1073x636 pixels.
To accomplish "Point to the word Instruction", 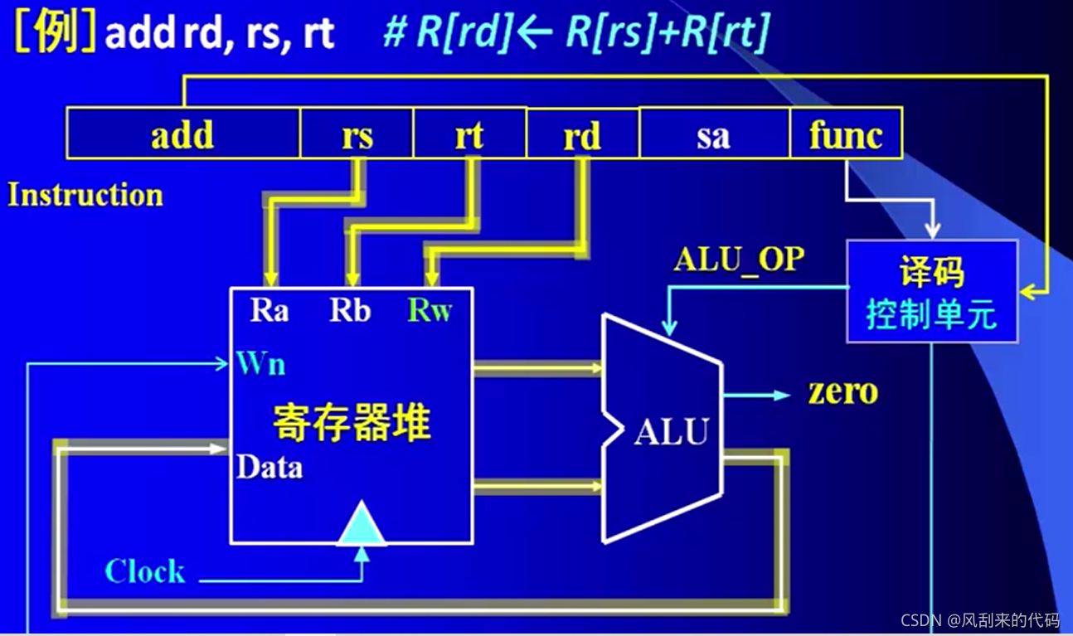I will coord(85,196).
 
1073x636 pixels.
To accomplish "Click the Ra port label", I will coord(269,311).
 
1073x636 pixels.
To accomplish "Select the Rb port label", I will coord(350,311).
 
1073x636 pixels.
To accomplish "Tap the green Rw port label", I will coord(430,311).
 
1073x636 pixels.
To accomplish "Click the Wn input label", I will coord(260,363).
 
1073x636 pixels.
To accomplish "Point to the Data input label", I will coord(269,468).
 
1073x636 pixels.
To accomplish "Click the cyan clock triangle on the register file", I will coord(362,525).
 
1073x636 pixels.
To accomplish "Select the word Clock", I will coord(144,571).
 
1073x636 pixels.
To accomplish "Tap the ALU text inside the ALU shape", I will coord(672,432).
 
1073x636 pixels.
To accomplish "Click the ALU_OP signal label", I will coord(739,260).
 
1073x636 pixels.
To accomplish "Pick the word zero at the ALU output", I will coord(842,391).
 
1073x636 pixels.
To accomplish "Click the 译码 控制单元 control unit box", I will coord(931,292).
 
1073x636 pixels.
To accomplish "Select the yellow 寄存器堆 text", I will coord(352,423).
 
